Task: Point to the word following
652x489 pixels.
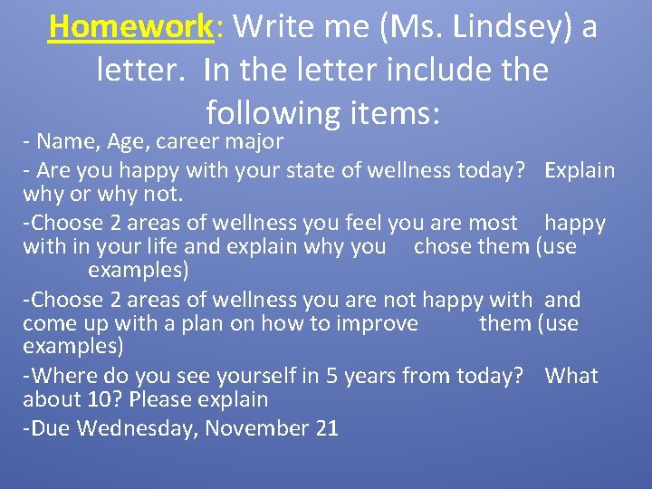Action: point(270,112)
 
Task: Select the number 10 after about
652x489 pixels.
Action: point(96,399)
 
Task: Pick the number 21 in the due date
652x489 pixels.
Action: point(327,427)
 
